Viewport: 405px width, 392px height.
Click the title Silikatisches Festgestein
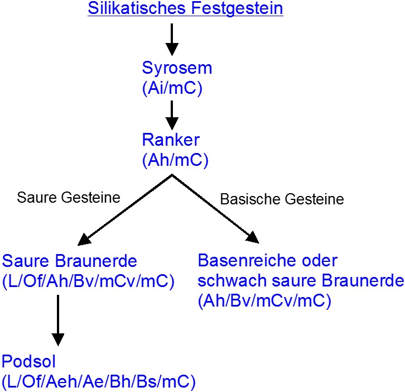click(185, 8)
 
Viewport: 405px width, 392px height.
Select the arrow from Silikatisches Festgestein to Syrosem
click(172, 39)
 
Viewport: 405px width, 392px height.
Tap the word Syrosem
click(177, 68)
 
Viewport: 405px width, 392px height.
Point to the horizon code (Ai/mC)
click(172, 88)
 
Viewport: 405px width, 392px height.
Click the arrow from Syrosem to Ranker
click(172, 115)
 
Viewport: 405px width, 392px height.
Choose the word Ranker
click(171, 140)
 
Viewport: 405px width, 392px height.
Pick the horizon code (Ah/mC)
click(175, 160)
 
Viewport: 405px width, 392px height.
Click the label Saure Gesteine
click(69, 198)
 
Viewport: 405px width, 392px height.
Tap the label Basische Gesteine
click(282, 199)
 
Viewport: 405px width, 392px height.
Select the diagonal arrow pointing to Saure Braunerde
click(125, 210)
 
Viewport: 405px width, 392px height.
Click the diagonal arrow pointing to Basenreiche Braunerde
click(215, 209)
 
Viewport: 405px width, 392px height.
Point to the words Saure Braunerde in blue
click(70, 261)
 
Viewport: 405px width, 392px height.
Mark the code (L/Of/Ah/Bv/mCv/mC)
click(88, 281)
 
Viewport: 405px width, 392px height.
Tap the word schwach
click(232, 280)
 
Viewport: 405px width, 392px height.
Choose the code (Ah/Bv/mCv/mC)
click(264, 301)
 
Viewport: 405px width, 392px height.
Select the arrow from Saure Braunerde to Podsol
click(58, 320)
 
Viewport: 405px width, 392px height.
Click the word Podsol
click(28, 361)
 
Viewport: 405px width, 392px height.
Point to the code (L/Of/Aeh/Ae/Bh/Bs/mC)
click(99, 381)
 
